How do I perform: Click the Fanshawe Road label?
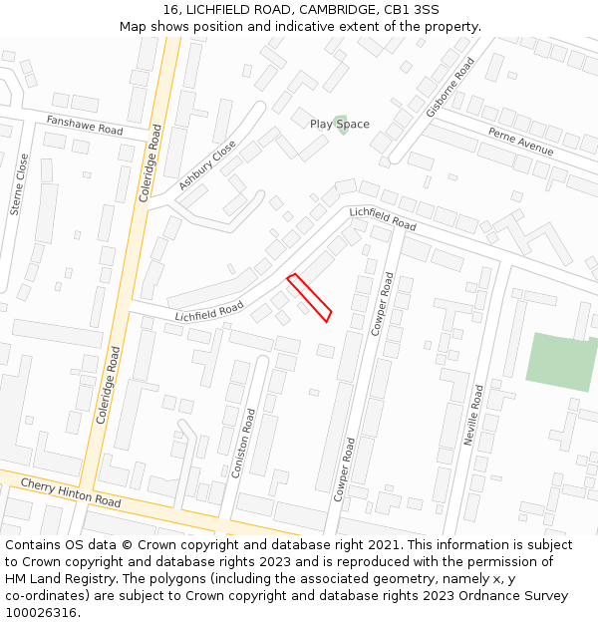coord(85,125)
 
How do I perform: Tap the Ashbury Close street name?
coord(207,164)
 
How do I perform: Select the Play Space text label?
coord(339,124)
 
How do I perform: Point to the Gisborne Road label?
coord(449,87)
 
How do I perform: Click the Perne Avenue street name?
coord(520,141)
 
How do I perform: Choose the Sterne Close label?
coord(18,184)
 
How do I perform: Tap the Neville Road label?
coord(473,414)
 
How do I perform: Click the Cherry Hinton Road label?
coord(71,491)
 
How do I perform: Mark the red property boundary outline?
coord(309,297)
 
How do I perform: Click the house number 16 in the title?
coord(170,10)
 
